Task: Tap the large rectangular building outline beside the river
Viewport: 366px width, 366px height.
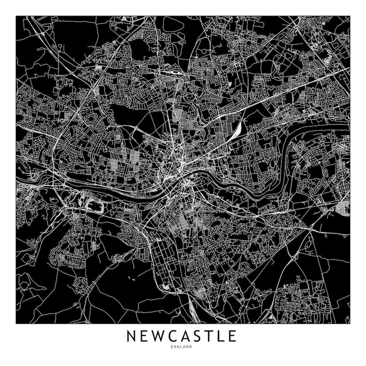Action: [96, 205]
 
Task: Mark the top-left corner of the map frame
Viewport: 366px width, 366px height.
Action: [16, 16]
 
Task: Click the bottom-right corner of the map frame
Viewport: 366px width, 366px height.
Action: [350, 324]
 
